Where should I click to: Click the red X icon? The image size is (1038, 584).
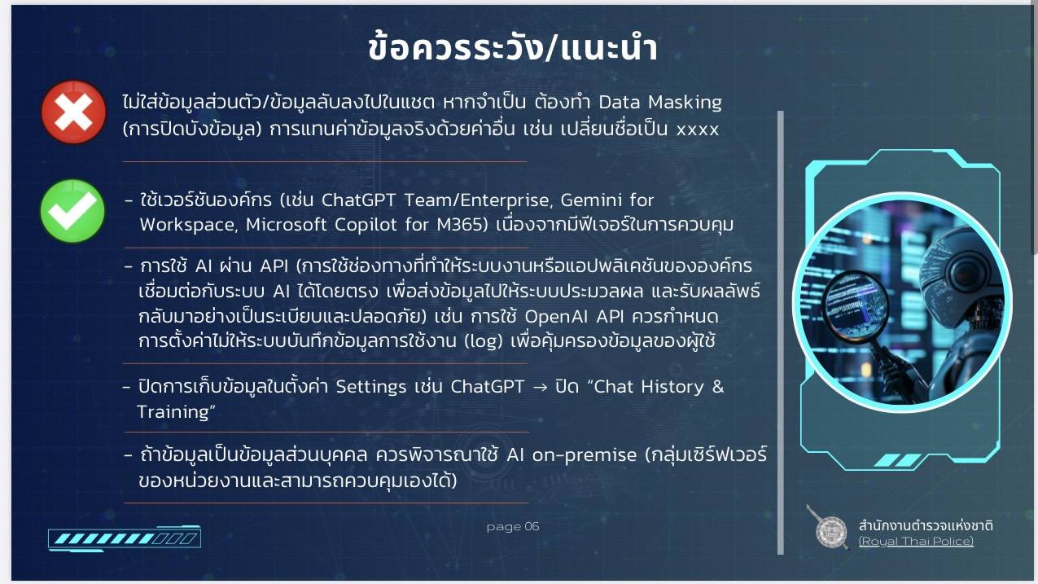74,112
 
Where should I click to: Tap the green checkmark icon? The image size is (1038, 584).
72,211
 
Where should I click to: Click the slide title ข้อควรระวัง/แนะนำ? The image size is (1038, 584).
513,48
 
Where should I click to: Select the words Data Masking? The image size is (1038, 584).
660,103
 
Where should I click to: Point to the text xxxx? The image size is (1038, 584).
698,130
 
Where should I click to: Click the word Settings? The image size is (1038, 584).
370,387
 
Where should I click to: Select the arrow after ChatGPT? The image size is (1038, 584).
540,388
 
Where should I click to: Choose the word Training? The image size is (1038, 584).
173,412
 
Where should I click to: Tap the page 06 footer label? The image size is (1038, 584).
513,526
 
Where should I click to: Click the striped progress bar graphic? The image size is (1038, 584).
125,538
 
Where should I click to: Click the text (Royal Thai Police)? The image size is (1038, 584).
916,542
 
